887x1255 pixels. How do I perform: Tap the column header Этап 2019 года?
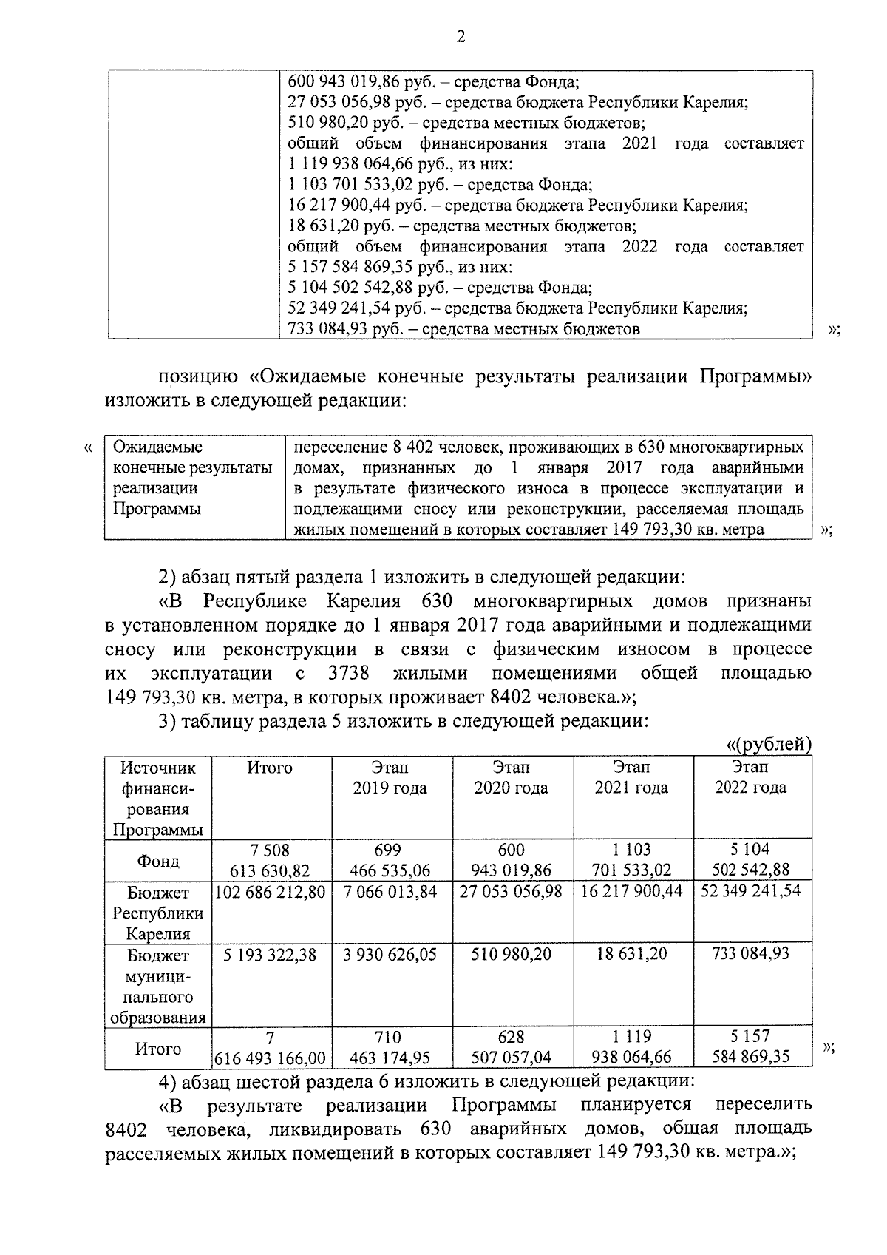point(390,778)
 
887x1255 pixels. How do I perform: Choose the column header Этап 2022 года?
point(750,778)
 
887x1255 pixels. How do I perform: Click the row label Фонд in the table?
point(157,861)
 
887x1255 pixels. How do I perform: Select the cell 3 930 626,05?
point(390,955)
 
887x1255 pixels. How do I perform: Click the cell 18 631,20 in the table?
point(631,955)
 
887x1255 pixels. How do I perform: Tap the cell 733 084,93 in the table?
point(750,955)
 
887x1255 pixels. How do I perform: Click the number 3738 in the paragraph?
point(347,674)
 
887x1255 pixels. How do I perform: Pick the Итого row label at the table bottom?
point(157,1049)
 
